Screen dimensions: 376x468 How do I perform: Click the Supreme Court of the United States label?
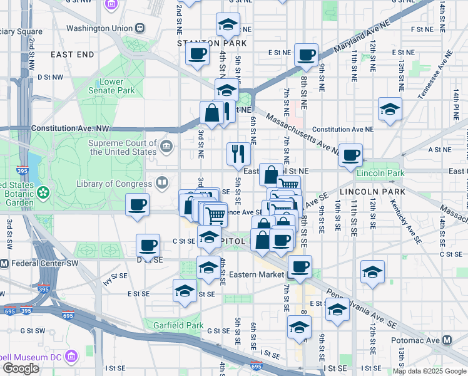tap(123, 147)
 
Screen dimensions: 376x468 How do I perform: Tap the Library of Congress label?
tap(114, 184)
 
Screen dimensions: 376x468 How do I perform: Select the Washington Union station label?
tap(99, 28)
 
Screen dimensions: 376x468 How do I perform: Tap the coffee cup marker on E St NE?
tap(306, 55)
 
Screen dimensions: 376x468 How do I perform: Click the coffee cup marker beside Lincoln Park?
tap(350, 154)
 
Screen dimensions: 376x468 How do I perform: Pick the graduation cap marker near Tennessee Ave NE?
tap(390, 108)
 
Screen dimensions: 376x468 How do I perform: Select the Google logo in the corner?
tap(21, 368)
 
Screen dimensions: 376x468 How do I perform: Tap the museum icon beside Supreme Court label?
tap(166, 147)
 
